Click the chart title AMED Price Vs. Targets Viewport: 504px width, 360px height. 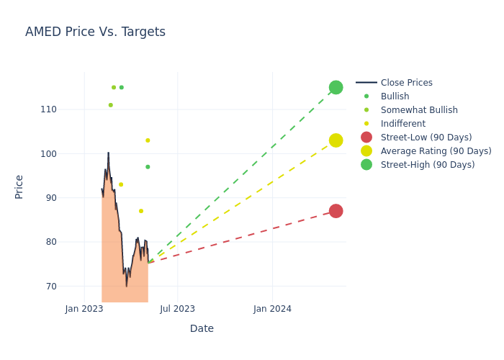(x=95, y=32)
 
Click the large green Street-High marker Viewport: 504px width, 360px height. (x=336, y=87)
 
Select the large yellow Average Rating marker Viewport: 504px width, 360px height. (x=336, y=140)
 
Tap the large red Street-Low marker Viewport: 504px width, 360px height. (x=336, y=211)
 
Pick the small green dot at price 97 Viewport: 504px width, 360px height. (x=148, y=167)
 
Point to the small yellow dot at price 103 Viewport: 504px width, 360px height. (x=148, y=140)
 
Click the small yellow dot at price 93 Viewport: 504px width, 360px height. (x=121, y=184)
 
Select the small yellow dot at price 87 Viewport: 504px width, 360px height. (x=141, y=211)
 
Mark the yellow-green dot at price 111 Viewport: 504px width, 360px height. (x=110, y=105)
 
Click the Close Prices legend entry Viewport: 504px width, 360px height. (x=406, y=83)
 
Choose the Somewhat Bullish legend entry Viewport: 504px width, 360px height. (x=419, y=110)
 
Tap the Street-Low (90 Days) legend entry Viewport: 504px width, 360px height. (x=426, y=138)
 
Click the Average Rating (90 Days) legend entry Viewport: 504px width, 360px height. (x=436, y=151)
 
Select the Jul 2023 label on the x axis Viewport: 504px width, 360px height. (x=177, y=309)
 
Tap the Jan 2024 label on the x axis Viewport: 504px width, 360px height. (x=272, y=309)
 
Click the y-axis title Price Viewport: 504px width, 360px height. (x=19, y=186)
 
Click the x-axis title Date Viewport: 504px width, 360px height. (x=202, y=328)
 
